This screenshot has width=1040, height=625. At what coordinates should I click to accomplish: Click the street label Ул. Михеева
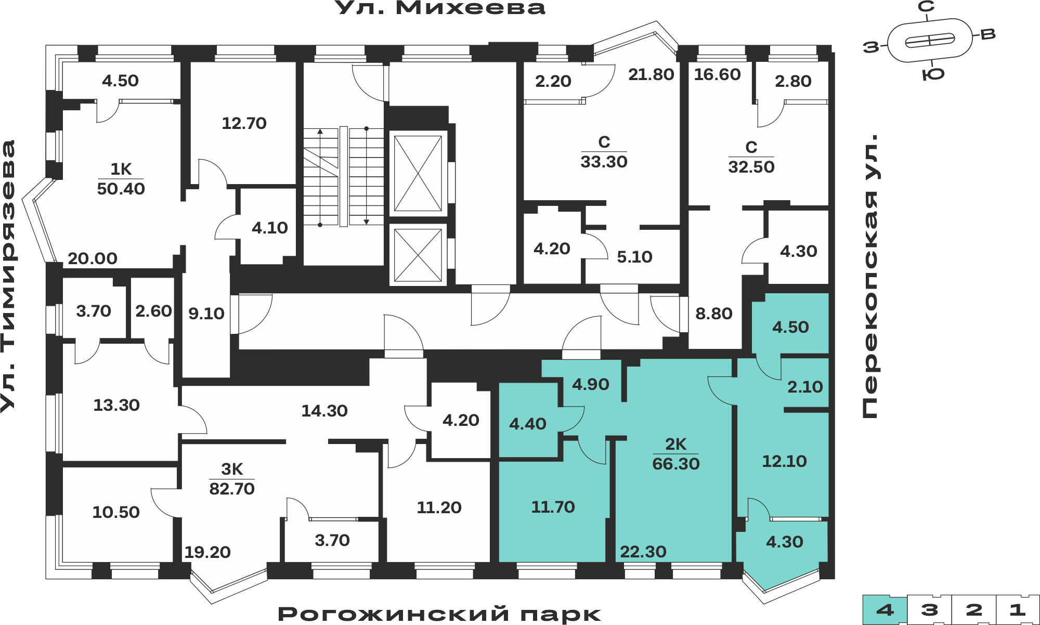pos(440,8)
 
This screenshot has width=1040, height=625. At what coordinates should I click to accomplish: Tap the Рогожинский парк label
pos(439,614)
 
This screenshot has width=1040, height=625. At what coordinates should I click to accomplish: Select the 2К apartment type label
pos(676,444)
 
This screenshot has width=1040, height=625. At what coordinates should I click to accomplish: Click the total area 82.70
pos(232,489)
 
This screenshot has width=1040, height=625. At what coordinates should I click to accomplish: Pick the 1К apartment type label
pos(121,169)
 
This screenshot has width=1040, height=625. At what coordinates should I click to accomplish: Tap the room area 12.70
pos(244,123)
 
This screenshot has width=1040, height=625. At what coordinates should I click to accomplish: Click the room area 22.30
pos(643,552)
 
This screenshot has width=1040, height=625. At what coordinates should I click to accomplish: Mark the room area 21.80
pos(651,74)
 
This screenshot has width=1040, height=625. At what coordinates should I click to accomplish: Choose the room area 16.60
pos(717,74)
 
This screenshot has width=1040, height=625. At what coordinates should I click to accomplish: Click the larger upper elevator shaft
pos(418,173)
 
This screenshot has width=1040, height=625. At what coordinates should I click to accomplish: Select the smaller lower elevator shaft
pos(418,255)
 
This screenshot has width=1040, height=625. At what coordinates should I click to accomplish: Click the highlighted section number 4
pos(885,610)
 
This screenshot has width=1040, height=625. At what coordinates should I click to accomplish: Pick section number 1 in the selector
pos(1018,610)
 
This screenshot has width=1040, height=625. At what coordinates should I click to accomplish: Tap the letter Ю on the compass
pos(933,74)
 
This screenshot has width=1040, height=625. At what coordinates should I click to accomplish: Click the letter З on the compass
pos(871,47)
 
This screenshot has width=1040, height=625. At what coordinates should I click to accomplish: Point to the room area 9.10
pos(206,314)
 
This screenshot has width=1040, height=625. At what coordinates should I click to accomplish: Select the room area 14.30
pos(324,411)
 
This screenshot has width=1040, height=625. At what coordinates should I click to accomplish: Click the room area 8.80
pos(714,314)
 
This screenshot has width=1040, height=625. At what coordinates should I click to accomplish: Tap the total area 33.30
pos(604,162)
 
